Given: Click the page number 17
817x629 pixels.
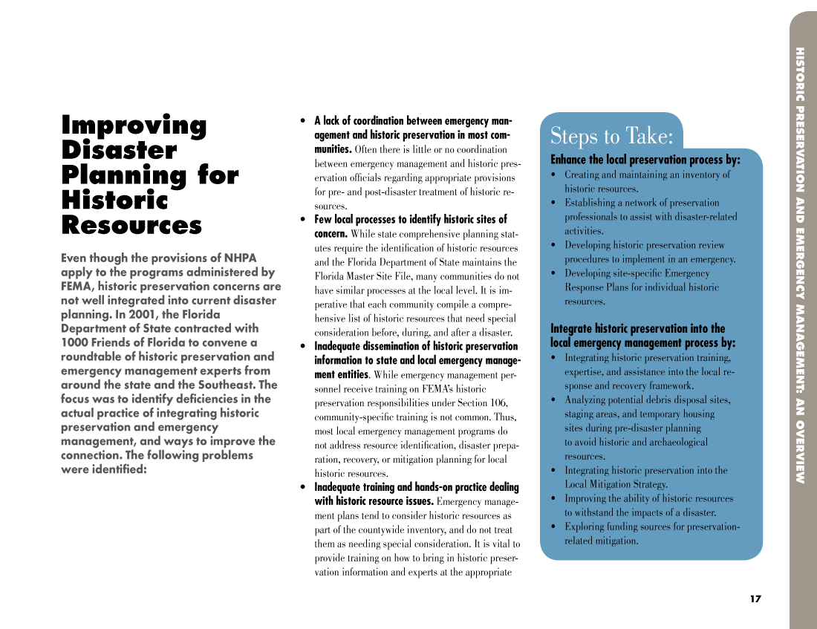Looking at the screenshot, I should point(755,599).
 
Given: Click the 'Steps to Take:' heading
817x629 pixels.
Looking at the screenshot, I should point(611,137).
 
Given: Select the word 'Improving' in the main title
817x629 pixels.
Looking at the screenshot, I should point(134,126).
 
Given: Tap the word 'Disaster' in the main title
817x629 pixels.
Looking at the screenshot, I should point(119,151).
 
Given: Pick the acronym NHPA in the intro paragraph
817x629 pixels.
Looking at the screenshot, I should point(240,258).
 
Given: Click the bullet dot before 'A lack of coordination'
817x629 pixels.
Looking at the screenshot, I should point(302,121).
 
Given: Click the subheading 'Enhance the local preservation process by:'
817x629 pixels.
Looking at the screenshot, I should point(645,160).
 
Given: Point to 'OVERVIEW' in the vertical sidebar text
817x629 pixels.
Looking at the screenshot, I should point(799,452).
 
